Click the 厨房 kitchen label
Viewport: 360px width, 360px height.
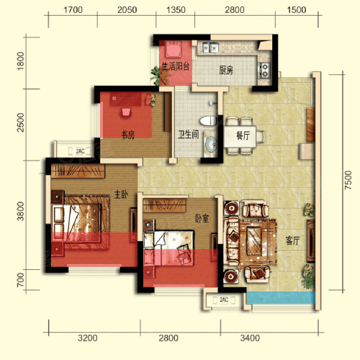pos(226,70)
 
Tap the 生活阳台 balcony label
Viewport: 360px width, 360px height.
pos(176,66)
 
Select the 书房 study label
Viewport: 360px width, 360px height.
pos(127,135)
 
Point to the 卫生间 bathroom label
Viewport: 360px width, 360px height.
pos(189,135)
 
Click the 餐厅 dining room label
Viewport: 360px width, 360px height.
pos(243,135)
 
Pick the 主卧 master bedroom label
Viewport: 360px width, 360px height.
pos(121,194)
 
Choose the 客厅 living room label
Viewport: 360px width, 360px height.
pos(292,240)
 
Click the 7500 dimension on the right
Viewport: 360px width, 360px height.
pos(348,180)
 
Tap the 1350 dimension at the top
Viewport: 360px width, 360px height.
pos(176,10)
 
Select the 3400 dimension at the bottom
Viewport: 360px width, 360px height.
pos(250,338)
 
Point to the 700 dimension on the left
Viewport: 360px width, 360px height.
pos(21,279)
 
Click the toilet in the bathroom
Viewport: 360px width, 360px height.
pos(208,121)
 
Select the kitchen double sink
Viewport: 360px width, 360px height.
pos(210,48)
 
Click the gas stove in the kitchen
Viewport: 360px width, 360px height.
pos(264,70)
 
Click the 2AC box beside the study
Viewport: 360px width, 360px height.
pos(80,151)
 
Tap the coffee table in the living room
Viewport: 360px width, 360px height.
pos(254,240)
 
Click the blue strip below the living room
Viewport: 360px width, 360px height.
pos(281,298)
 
